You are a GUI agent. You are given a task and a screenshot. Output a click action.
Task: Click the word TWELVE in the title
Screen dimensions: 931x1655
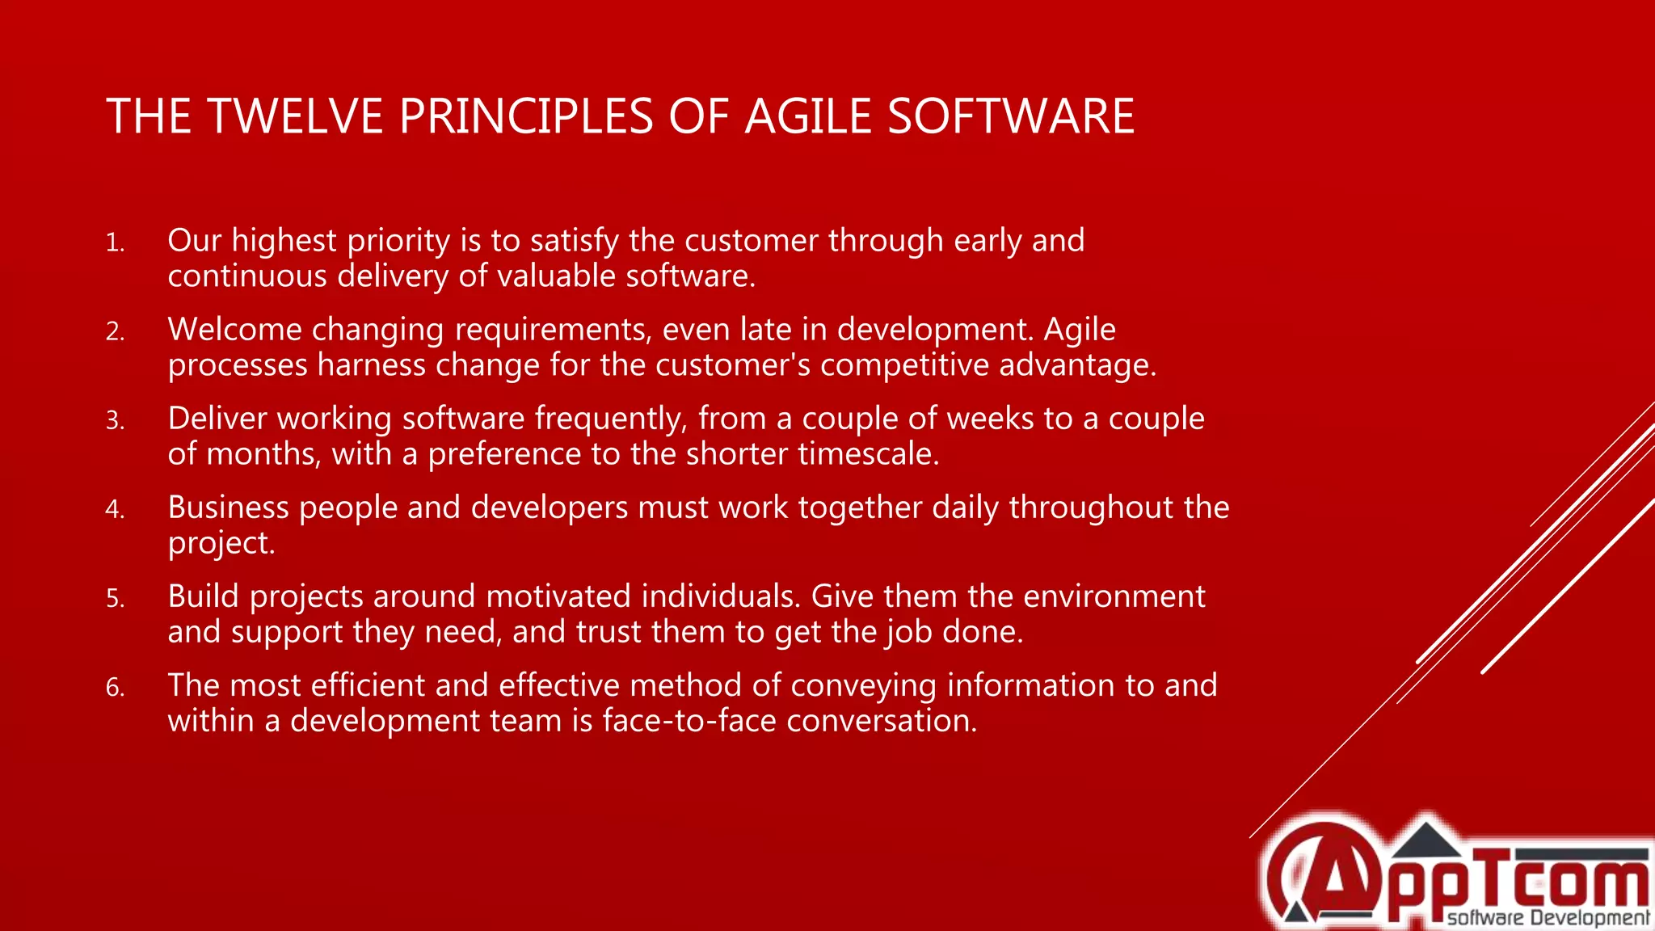[295, 116]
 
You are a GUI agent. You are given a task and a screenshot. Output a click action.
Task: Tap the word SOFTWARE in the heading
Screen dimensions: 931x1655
[1011, 116]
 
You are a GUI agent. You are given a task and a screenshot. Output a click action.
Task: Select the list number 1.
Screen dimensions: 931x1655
[115, 242]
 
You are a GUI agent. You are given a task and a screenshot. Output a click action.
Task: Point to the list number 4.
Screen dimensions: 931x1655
[115, 509]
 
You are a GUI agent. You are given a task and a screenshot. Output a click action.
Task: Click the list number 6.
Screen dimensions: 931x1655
[115, 687]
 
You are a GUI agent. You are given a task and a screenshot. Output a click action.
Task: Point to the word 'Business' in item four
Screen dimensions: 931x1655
[228, 508]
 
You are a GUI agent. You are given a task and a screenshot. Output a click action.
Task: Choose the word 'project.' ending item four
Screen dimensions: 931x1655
[221, 543]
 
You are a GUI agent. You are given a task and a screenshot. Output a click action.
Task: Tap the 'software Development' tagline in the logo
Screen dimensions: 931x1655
[1548, 917]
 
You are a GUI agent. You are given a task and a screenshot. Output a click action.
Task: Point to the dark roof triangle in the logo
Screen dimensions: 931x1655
[1427, 840]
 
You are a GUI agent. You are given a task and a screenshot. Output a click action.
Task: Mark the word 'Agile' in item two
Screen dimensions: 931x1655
[1080, 330]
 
